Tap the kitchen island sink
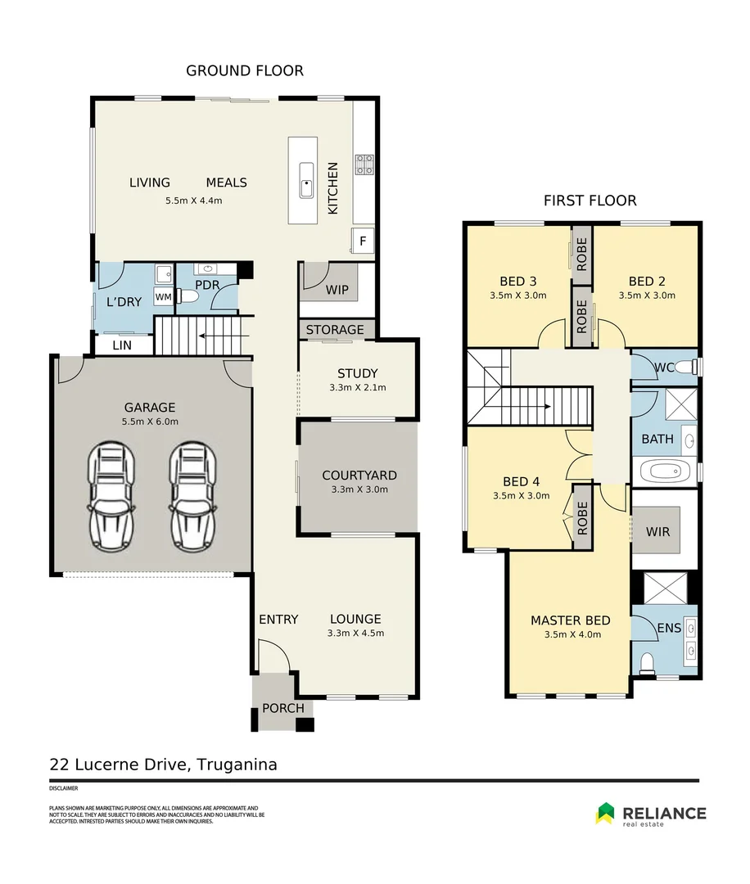(306, 180)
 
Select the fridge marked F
(362, 241)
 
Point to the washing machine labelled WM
(163, 296)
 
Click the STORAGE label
(335, 330)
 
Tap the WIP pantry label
(337, 291)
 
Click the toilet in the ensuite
(647, 661)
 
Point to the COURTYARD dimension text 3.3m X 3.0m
(359, 489)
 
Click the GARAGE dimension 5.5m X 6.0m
(150, 422)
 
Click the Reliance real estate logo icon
(605, 812)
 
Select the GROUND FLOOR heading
(244, 70)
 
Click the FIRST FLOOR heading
(590, 201)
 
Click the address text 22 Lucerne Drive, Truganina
(163, 765)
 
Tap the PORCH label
(283, 708)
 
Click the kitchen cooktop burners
(364, 165)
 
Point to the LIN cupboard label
(122, 345)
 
